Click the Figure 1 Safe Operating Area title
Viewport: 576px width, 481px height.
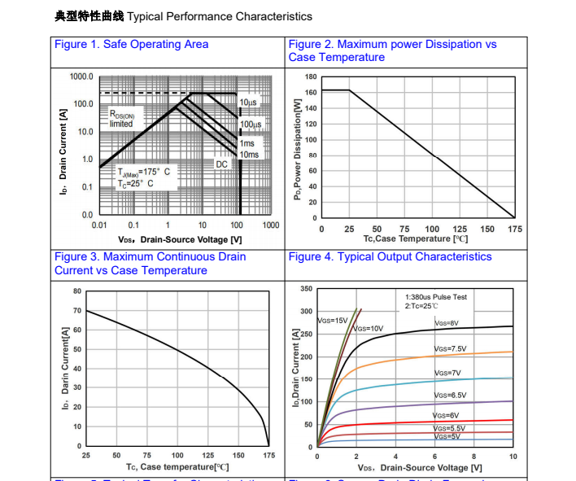click(x=131, y=44)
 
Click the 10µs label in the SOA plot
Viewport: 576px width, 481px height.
click(x=248, y=103)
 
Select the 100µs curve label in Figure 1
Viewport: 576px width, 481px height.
click(x=251, y=125)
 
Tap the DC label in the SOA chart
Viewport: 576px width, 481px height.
click(x=222, y=164)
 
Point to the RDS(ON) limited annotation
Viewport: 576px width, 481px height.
click(x=122, y=120)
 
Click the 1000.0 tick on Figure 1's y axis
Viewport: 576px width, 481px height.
click(x=81, y=77)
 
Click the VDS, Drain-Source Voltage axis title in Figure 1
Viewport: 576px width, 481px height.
click(x=179, y=239)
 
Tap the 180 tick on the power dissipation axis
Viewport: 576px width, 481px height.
click(x=311, y=77)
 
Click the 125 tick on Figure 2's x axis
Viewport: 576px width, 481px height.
click(x=460, y=230)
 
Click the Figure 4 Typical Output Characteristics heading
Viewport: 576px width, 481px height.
click(x=390, y=256)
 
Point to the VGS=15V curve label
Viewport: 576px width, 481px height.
click(x=332, y=320)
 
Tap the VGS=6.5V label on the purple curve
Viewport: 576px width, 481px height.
click(x=450, y=395)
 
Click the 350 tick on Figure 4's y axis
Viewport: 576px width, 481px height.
click(x=306, y=289)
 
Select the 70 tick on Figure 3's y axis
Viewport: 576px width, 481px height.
click(x=77, y=311)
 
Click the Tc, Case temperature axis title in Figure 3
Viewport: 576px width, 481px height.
click(x=177, y=466)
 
